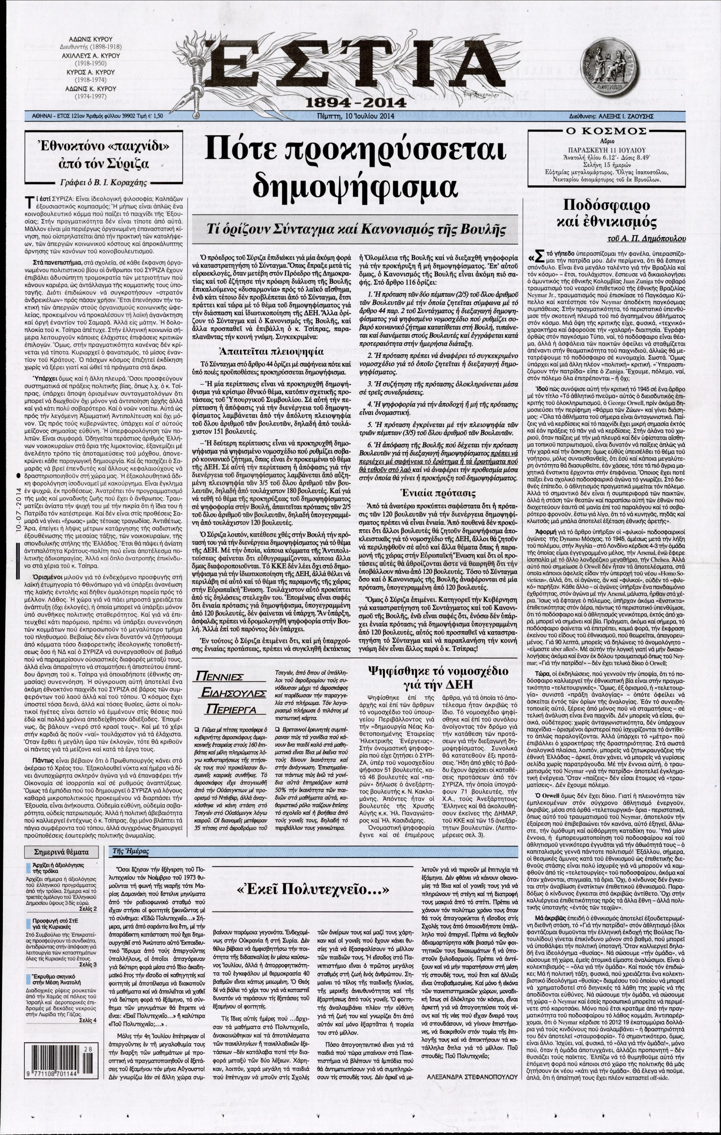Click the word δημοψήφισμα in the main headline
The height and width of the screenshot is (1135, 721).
click(x=355, y=183)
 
